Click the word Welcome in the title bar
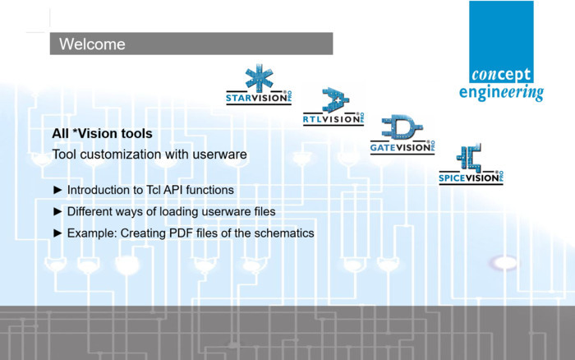coord(92,44)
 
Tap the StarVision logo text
coord(256,101)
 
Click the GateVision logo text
coord(400,148)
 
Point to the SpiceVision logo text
coord(469,176)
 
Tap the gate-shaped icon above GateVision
coord(402,128)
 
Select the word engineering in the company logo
coord(500,92)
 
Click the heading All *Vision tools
coord(102,133)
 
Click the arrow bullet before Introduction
coord(57,190)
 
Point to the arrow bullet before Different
coord(57,211)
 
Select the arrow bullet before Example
coord(57,233)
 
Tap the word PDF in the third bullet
coord(184,233)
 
